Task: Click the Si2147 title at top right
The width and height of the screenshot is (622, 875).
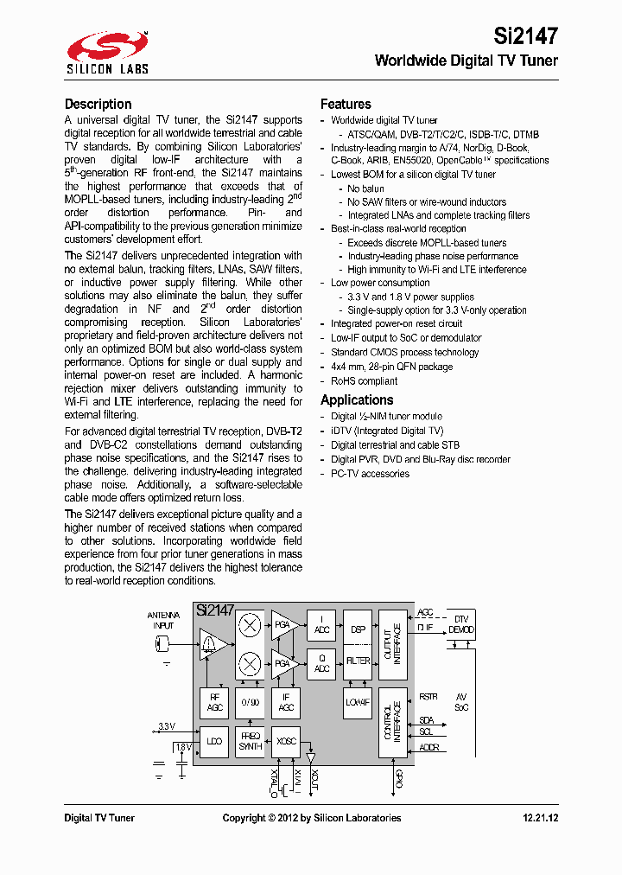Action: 525,35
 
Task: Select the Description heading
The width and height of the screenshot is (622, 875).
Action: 98,104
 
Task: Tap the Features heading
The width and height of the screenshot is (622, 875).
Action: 346,104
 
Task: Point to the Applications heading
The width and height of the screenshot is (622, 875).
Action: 357,399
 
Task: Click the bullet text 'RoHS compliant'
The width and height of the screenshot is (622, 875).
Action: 364,381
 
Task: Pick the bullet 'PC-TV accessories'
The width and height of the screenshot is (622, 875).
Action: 370,474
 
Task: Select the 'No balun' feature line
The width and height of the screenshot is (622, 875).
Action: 365,188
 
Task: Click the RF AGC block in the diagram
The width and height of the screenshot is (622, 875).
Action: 215,702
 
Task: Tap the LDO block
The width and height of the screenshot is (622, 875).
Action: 215,742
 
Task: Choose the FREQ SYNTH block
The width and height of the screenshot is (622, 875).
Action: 250,742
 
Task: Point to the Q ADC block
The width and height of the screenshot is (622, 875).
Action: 321,663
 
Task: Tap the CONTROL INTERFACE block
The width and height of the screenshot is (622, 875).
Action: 392,722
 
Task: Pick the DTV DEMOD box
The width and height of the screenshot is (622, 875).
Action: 460,624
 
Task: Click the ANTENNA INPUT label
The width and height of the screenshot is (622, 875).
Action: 163,620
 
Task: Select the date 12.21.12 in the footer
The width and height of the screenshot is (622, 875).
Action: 540,818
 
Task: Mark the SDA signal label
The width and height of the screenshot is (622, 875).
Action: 427,720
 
